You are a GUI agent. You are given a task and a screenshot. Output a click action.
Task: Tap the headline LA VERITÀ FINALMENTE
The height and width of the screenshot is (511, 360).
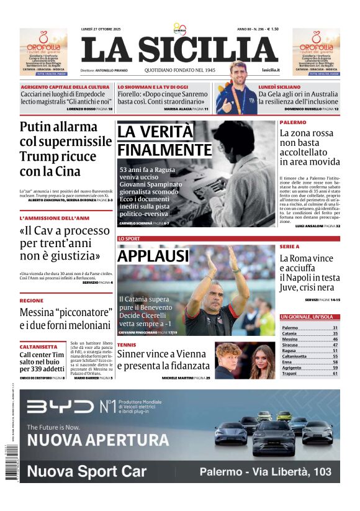[164, 141]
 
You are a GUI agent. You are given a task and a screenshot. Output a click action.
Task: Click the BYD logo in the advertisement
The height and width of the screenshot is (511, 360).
[60, 407]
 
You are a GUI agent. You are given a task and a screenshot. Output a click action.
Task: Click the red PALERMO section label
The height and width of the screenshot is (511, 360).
[293, 123]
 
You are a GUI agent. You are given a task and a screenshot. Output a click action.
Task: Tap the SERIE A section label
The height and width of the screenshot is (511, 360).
[289, 247]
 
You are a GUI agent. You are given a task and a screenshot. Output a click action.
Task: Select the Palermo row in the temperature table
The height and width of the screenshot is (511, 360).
[309, 327]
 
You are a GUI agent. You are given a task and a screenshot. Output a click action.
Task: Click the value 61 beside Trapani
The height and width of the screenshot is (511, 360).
[335, 373]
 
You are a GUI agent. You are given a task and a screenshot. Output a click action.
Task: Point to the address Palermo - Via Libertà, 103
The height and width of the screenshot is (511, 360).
[266, 472]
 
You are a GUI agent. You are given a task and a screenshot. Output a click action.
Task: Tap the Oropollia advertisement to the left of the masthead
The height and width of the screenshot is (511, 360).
[43, 52]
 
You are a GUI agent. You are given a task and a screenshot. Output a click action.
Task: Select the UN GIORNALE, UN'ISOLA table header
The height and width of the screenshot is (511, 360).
[310, 317]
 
